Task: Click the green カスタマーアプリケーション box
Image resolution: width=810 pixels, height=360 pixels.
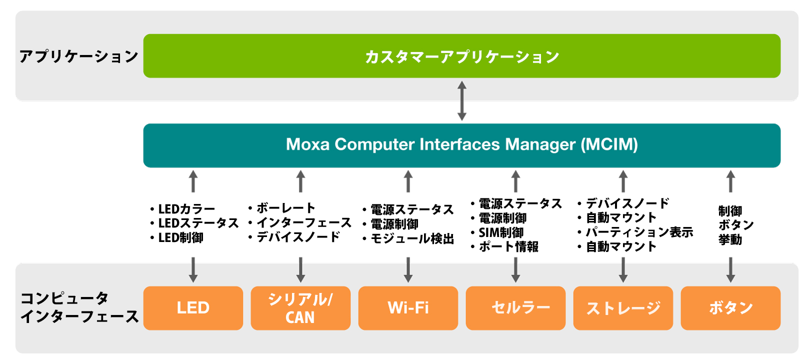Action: point(461,56)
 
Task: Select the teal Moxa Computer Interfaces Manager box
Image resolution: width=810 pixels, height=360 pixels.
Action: point(461,145)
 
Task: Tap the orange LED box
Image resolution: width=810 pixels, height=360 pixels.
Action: point(193,308)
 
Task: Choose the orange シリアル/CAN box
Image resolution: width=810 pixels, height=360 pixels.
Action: point(300,308)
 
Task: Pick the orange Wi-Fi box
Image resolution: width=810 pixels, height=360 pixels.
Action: point(408,308)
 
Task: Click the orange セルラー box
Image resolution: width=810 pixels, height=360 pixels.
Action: point(515,308)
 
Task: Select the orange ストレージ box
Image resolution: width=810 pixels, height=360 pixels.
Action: point(623,308)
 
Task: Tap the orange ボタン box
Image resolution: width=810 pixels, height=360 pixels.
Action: point(730,308)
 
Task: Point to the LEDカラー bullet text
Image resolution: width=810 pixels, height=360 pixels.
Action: point(186,209)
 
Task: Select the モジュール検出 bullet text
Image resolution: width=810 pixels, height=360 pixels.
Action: point(412,239)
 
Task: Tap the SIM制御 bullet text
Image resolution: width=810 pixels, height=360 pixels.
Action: point(501,232)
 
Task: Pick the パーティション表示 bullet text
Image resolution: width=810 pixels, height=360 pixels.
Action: point(639,232)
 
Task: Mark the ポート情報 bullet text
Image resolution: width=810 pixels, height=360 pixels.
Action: point(508,246)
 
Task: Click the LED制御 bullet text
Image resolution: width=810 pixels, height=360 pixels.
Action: point(180,238)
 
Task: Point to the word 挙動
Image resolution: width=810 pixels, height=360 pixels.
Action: point(730,240)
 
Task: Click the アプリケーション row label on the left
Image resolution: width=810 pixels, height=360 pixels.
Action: point(78,56)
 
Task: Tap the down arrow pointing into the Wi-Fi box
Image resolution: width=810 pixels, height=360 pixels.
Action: point(408,270)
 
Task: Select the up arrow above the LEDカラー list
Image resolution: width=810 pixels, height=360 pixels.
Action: point(193,181)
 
